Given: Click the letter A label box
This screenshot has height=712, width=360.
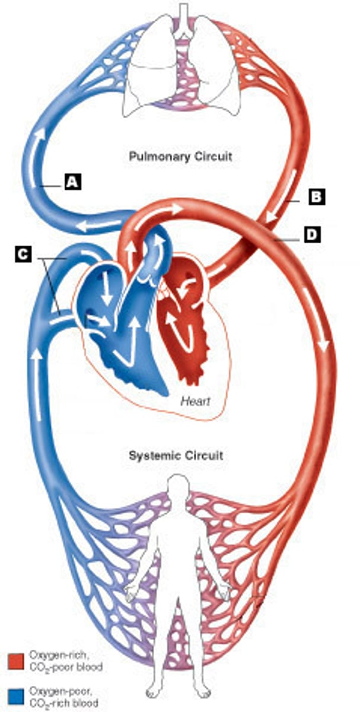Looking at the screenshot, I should [x=72, y=182].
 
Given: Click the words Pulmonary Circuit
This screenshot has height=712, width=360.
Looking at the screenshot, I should [x=180, y=157].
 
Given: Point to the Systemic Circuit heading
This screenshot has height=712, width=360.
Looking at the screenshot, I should [x=177, y=456].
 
